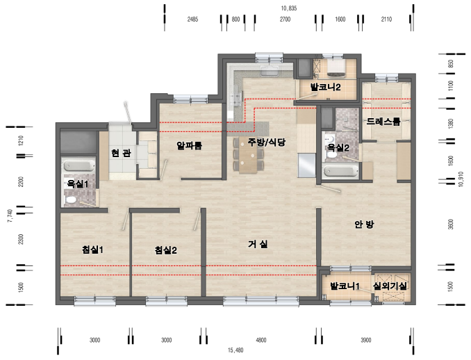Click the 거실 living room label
coord(258,244)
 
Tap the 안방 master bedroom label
coord(364,224)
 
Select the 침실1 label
coord(93,249)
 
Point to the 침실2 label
coord(165,250)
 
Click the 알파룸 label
coord(189,146)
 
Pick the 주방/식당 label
coord(267,142)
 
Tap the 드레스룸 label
coord(383,122)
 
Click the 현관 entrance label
coord(121,153)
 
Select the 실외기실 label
coord(390,286)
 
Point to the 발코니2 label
coord(325,87)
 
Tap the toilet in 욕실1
coord(70,199)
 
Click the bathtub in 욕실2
coord(340,172)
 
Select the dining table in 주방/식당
coord(248,155)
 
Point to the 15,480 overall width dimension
coord(235,350)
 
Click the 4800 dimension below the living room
coord(261,340)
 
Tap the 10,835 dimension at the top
coord(289,8)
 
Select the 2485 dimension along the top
coord(192,19)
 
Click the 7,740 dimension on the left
coord(11,215)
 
